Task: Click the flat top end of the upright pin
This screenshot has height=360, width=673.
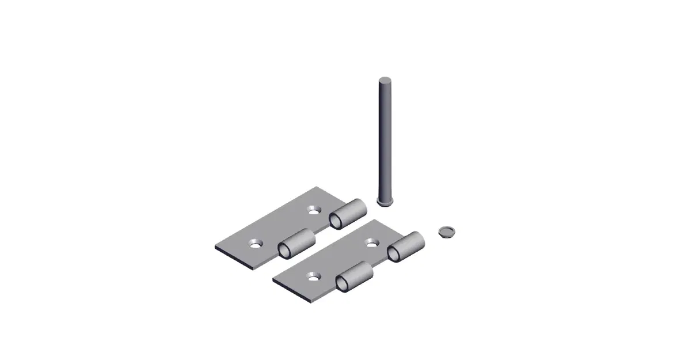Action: point(384,79)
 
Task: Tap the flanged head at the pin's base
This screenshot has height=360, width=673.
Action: point(383,200)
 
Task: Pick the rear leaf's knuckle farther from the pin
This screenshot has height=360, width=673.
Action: point(298,242)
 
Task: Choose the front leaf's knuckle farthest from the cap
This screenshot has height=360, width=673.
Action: point(356,276)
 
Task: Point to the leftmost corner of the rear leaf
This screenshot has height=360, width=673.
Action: point(215,248)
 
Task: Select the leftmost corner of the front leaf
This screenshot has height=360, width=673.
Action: point(273,281)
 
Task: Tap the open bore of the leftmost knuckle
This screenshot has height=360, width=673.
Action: point(285,250)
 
